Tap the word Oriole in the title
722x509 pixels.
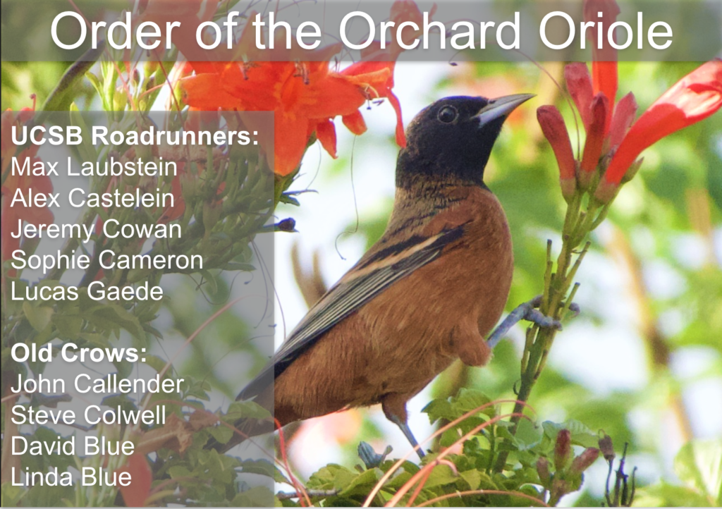coord(606,31)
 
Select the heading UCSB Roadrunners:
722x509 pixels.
coord(135,136)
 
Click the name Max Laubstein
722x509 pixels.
coord(94,166)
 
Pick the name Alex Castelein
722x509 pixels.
coord(92,198)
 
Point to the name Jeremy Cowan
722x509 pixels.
coord(96,230)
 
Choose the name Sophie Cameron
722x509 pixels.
coord(107,260)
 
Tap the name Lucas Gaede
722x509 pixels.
coord(87,291)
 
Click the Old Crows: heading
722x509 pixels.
coord(79,353)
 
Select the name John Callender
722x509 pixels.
coord(97,384)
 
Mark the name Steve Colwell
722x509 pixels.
coord(88,415)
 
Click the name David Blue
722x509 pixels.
coord(73,446)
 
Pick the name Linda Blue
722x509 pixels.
coord(71,477)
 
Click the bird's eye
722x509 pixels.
coord(447,114)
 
